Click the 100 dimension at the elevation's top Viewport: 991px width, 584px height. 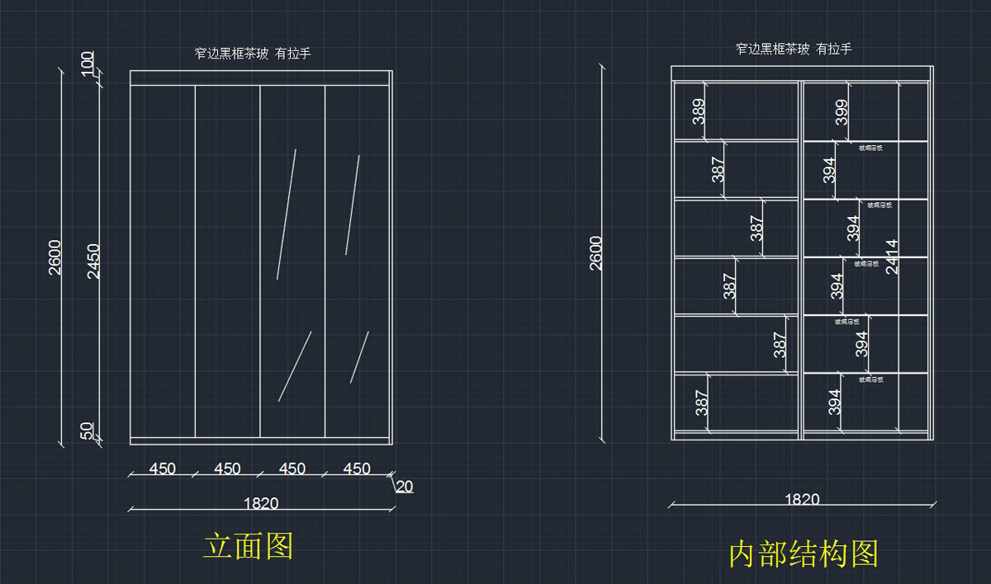click(88, 64)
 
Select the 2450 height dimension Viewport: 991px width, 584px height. click(93, 261)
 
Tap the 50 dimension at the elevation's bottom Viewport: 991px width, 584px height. click(88, 431)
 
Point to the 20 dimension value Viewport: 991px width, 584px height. click(404, 487)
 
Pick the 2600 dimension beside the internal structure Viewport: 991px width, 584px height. click(595, 252)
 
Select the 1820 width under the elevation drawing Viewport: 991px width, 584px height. click(261, 503)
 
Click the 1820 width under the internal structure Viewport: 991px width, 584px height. click(801, 499)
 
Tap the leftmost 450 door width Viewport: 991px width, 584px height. click(162, 469)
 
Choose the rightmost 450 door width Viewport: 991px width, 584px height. click(357, 469)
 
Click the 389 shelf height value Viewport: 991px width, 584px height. click(699, 111)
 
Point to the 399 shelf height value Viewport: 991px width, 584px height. click(842, 111)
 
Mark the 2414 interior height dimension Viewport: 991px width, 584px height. click(892, 257)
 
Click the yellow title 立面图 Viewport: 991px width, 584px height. click(249, 545)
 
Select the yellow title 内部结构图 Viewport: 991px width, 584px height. click(804, 553)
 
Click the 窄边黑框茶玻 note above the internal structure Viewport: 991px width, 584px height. click(794, 49)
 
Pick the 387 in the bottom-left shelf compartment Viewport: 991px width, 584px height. click(702, 402)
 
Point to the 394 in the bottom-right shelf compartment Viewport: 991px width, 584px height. click(835, 402)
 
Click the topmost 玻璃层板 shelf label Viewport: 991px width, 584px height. click(870, 148)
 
